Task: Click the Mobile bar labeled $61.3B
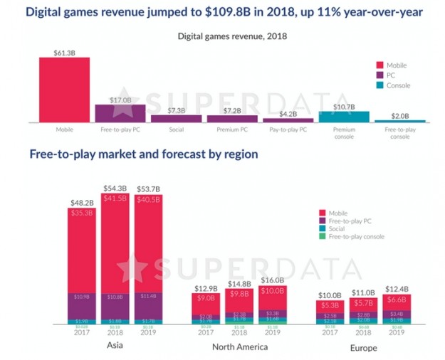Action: point(64,90)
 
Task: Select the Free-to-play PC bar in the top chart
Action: point(120,114)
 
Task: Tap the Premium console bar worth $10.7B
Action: point(344,117)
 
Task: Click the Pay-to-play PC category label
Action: point(288,131)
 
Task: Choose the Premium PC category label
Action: point(232,131)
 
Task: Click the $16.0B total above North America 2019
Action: point(272,280)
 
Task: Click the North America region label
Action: point(241,346)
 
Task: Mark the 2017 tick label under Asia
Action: point(83,332)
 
